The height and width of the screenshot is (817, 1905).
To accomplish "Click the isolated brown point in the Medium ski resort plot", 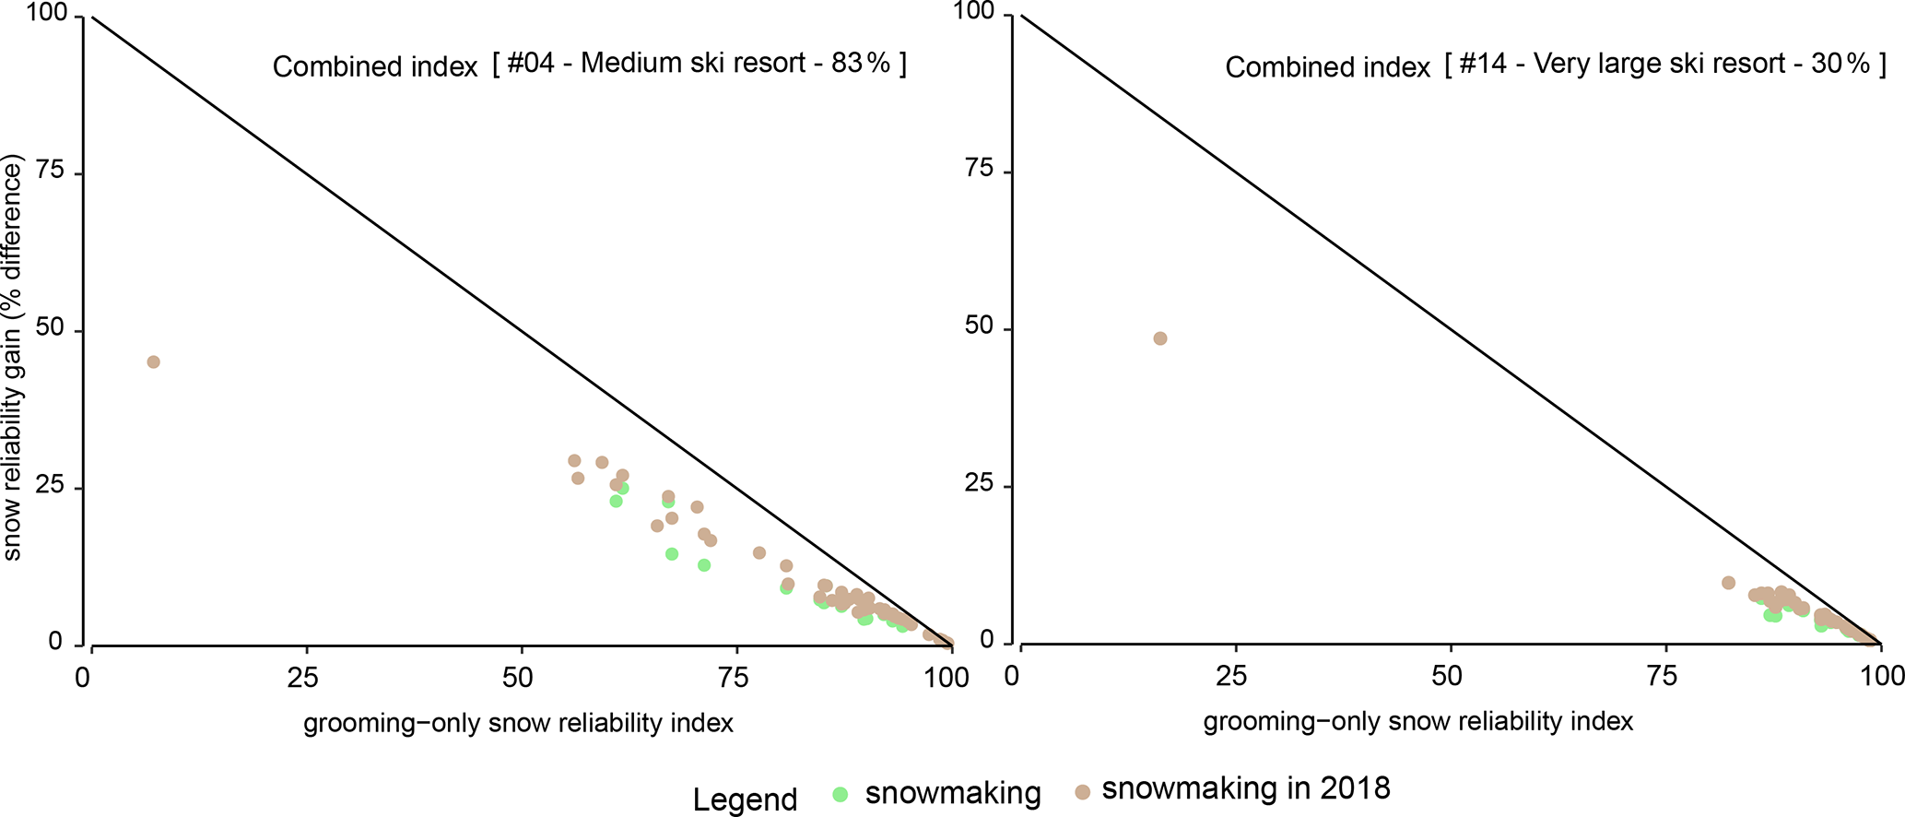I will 153,361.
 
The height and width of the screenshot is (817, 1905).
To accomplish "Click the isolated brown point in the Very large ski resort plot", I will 1159,338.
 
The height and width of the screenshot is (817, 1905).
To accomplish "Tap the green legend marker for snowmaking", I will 840,793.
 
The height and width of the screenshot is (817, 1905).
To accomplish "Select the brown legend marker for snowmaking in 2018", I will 1083,791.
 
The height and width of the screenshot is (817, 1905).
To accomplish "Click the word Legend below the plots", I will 745,799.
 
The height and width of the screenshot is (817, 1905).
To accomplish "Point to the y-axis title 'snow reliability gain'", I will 12,358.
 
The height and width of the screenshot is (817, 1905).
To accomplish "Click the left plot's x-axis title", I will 518,723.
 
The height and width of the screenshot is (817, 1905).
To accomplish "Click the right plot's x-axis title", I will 1417,721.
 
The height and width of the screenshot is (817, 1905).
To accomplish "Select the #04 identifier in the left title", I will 531,63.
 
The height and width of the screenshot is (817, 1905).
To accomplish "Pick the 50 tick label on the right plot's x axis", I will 1446,677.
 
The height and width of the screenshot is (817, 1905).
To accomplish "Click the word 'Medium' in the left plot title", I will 629,63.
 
